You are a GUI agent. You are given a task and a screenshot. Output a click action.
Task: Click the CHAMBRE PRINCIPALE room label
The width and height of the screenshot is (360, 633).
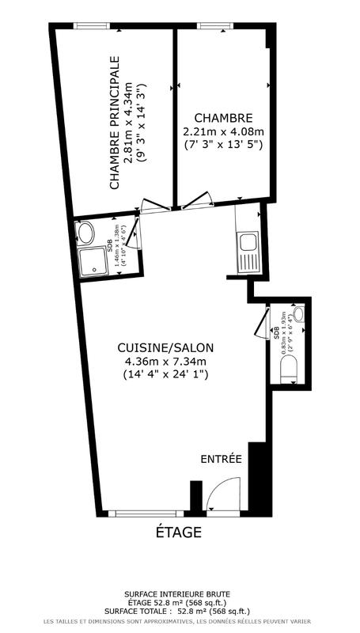coord(114,123)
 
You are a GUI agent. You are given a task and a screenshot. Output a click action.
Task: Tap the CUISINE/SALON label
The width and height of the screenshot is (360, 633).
coord(165,347)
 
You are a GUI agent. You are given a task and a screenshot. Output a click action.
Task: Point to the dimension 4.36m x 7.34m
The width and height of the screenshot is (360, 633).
coord(165,361)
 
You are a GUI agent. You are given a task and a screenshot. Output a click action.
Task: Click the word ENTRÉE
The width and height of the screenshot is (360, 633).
coord(221,459)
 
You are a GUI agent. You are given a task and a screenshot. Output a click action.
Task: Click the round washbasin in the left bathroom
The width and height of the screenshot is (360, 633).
coord(85,233)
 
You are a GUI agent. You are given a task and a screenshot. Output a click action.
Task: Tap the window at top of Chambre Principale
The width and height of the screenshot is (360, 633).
coord(93,26)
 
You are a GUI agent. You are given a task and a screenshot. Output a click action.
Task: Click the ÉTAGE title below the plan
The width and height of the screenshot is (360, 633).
coord(178,532)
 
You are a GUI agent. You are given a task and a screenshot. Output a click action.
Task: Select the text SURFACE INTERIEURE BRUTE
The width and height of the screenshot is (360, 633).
coord(178,593)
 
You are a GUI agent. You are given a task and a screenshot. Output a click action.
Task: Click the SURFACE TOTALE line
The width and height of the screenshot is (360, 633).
coord(178,610)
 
